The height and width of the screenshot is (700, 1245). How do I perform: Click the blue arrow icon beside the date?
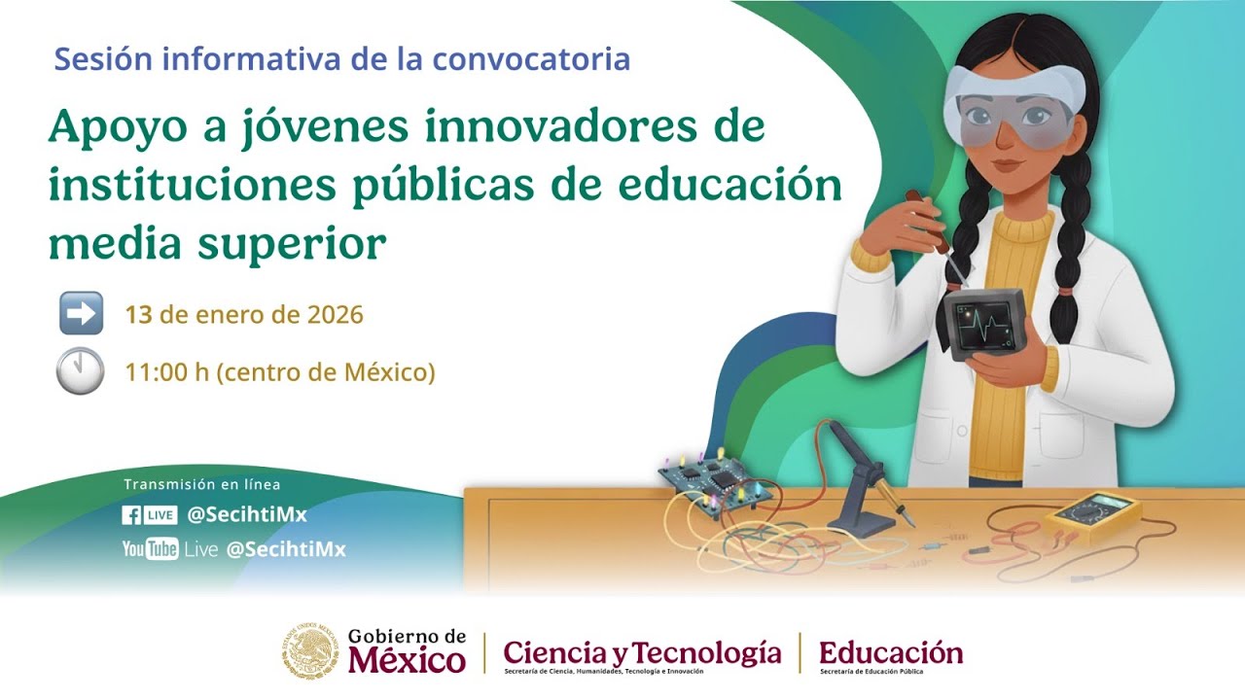click(x=81, y=313)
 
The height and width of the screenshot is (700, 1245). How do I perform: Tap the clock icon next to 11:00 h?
click(x=80, y=370)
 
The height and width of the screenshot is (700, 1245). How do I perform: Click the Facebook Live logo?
click(x=149, y=515)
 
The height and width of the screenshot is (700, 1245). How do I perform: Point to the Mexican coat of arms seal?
click(x=311, y=650)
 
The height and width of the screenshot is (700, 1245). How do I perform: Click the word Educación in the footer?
click(x=891, y=651)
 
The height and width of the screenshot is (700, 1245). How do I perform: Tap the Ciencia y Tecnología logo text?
click(x=642, y=652)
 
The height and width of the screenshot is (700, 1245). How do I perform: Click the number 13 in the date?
click(x=138, y=315)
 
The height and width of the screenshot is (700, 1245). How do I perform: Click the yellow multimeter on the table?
click(x=1093, y=516)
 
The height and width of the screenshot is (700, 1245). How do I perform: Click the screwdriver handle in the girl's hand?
click(x=926, y=220)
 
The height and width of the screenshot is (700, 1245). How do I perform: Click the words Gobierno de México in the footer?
click(x=407, y=650)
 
